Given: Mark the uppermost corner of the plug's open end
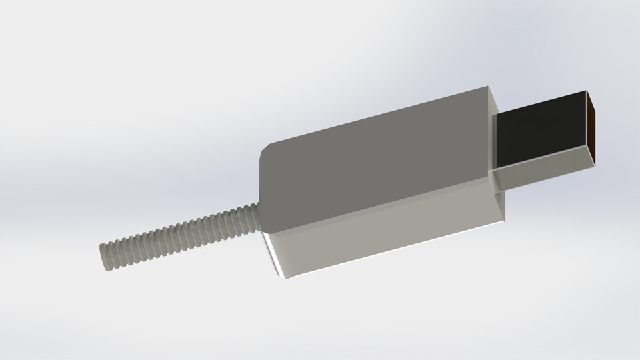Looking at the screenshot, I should coord(586,90).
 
